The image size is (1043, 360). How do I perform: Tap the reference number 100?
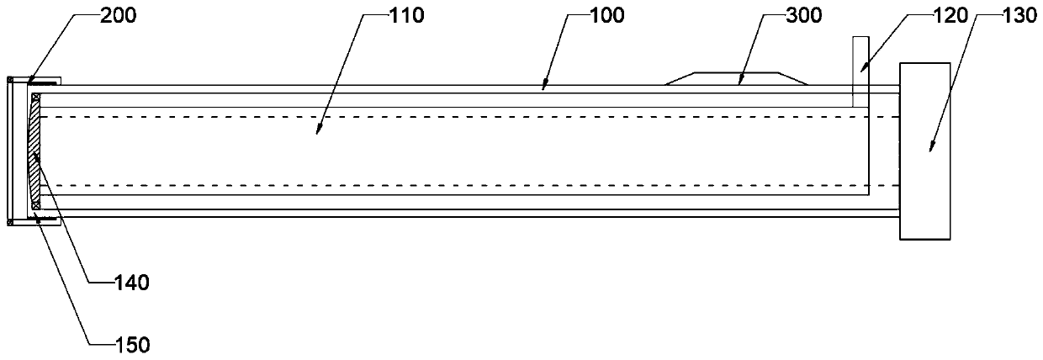pyautogui.click(x=606, y=15)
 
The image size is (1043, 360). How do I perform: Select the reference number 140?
pyautogui.click(x=132, y=283)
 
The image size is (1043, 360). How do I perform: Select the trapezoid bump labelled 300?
pyautogui.click(x=736, y=77)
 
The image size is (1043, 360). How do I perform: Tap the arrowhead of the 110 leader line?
pyautogui.click(x=317, y=132)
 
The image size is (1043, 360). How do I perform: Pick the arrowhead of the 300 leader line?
pyautogui.click(x=740, y=83)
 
